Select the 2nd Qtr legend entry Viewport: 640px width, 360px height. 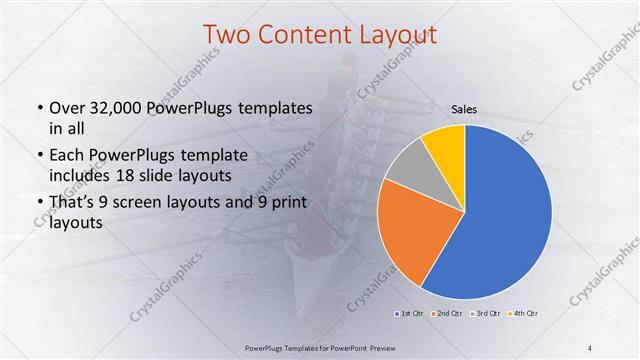[446, 314]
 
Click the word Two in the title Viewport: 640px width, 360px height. [229, 36]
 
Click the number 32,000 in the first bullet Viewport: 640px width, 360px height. [112, 108]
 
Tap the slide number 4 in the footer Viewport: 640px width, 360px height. [590, 347]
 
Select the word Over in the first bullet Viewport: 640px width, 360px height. [66, 108]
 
